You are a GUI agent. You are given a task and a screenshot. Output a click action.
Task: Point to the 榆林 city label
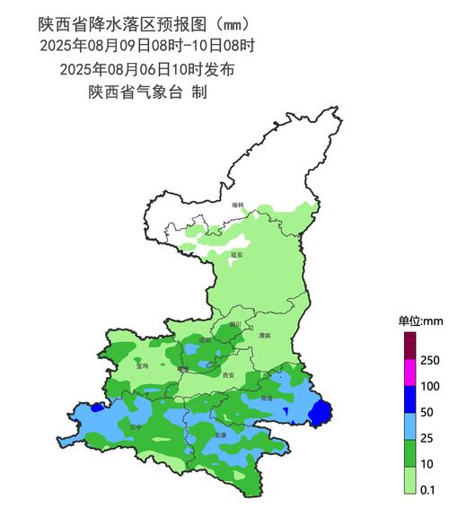point(237,206)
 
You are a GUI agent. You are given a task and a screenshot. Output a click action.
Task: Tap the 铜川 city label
point(235,324)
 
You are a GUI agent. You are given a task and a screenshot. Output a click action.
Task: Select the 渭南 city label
point(264,335)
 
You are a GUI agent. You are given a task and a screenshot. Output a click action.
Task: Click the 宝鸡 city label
point(142,366)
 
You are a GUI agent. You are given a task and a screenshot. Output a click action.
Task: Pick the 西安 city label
point(227,375)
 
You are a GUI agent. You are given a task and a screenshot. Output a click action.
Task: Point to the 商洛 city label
point(266,398)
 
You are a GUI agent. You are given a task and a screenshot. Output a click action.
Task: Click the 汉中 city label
point(135,428)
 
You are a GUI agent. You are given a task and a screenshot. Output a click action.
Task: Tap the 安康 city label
point(221,435)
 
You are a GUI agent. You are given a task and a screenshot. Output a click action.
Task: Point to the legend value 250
point(430,360)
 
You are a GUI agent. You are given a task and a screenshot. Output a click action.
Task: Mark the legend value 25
point(428,438)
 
